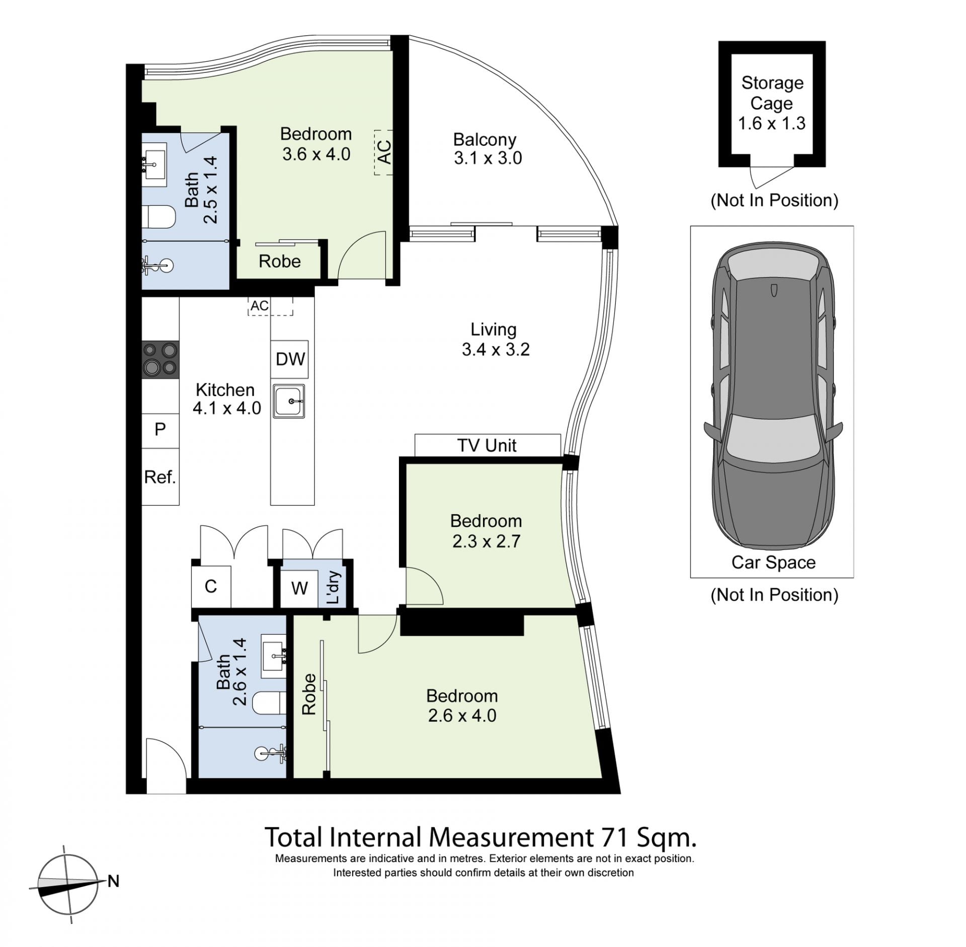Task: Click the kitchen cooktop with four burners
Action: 160,360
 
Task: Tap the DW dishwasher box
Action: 290,359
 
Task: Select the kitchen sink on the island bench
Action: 289,401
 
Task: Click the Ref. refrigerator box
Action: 160,477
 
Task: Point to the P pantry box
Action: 160,430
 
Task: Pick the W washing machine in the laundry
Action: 299,588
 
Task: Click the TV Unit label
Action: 487,445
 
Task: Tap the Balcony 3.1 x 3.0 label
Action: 487,148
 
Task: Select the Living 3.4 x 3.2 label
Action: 495,339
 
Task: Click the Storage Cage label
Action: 772,93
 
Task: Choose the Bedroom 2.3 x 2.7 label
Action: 486,531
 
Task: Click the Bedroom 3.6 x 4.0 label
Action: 316,144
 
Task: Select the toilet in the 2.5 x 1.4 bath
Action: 159,217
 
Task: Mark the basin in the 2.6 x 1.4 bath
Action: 274,649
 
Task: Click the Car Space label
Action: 773,563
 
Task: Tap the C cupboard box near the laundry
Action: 211,586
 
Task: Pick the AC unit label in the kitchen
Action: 260,306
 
